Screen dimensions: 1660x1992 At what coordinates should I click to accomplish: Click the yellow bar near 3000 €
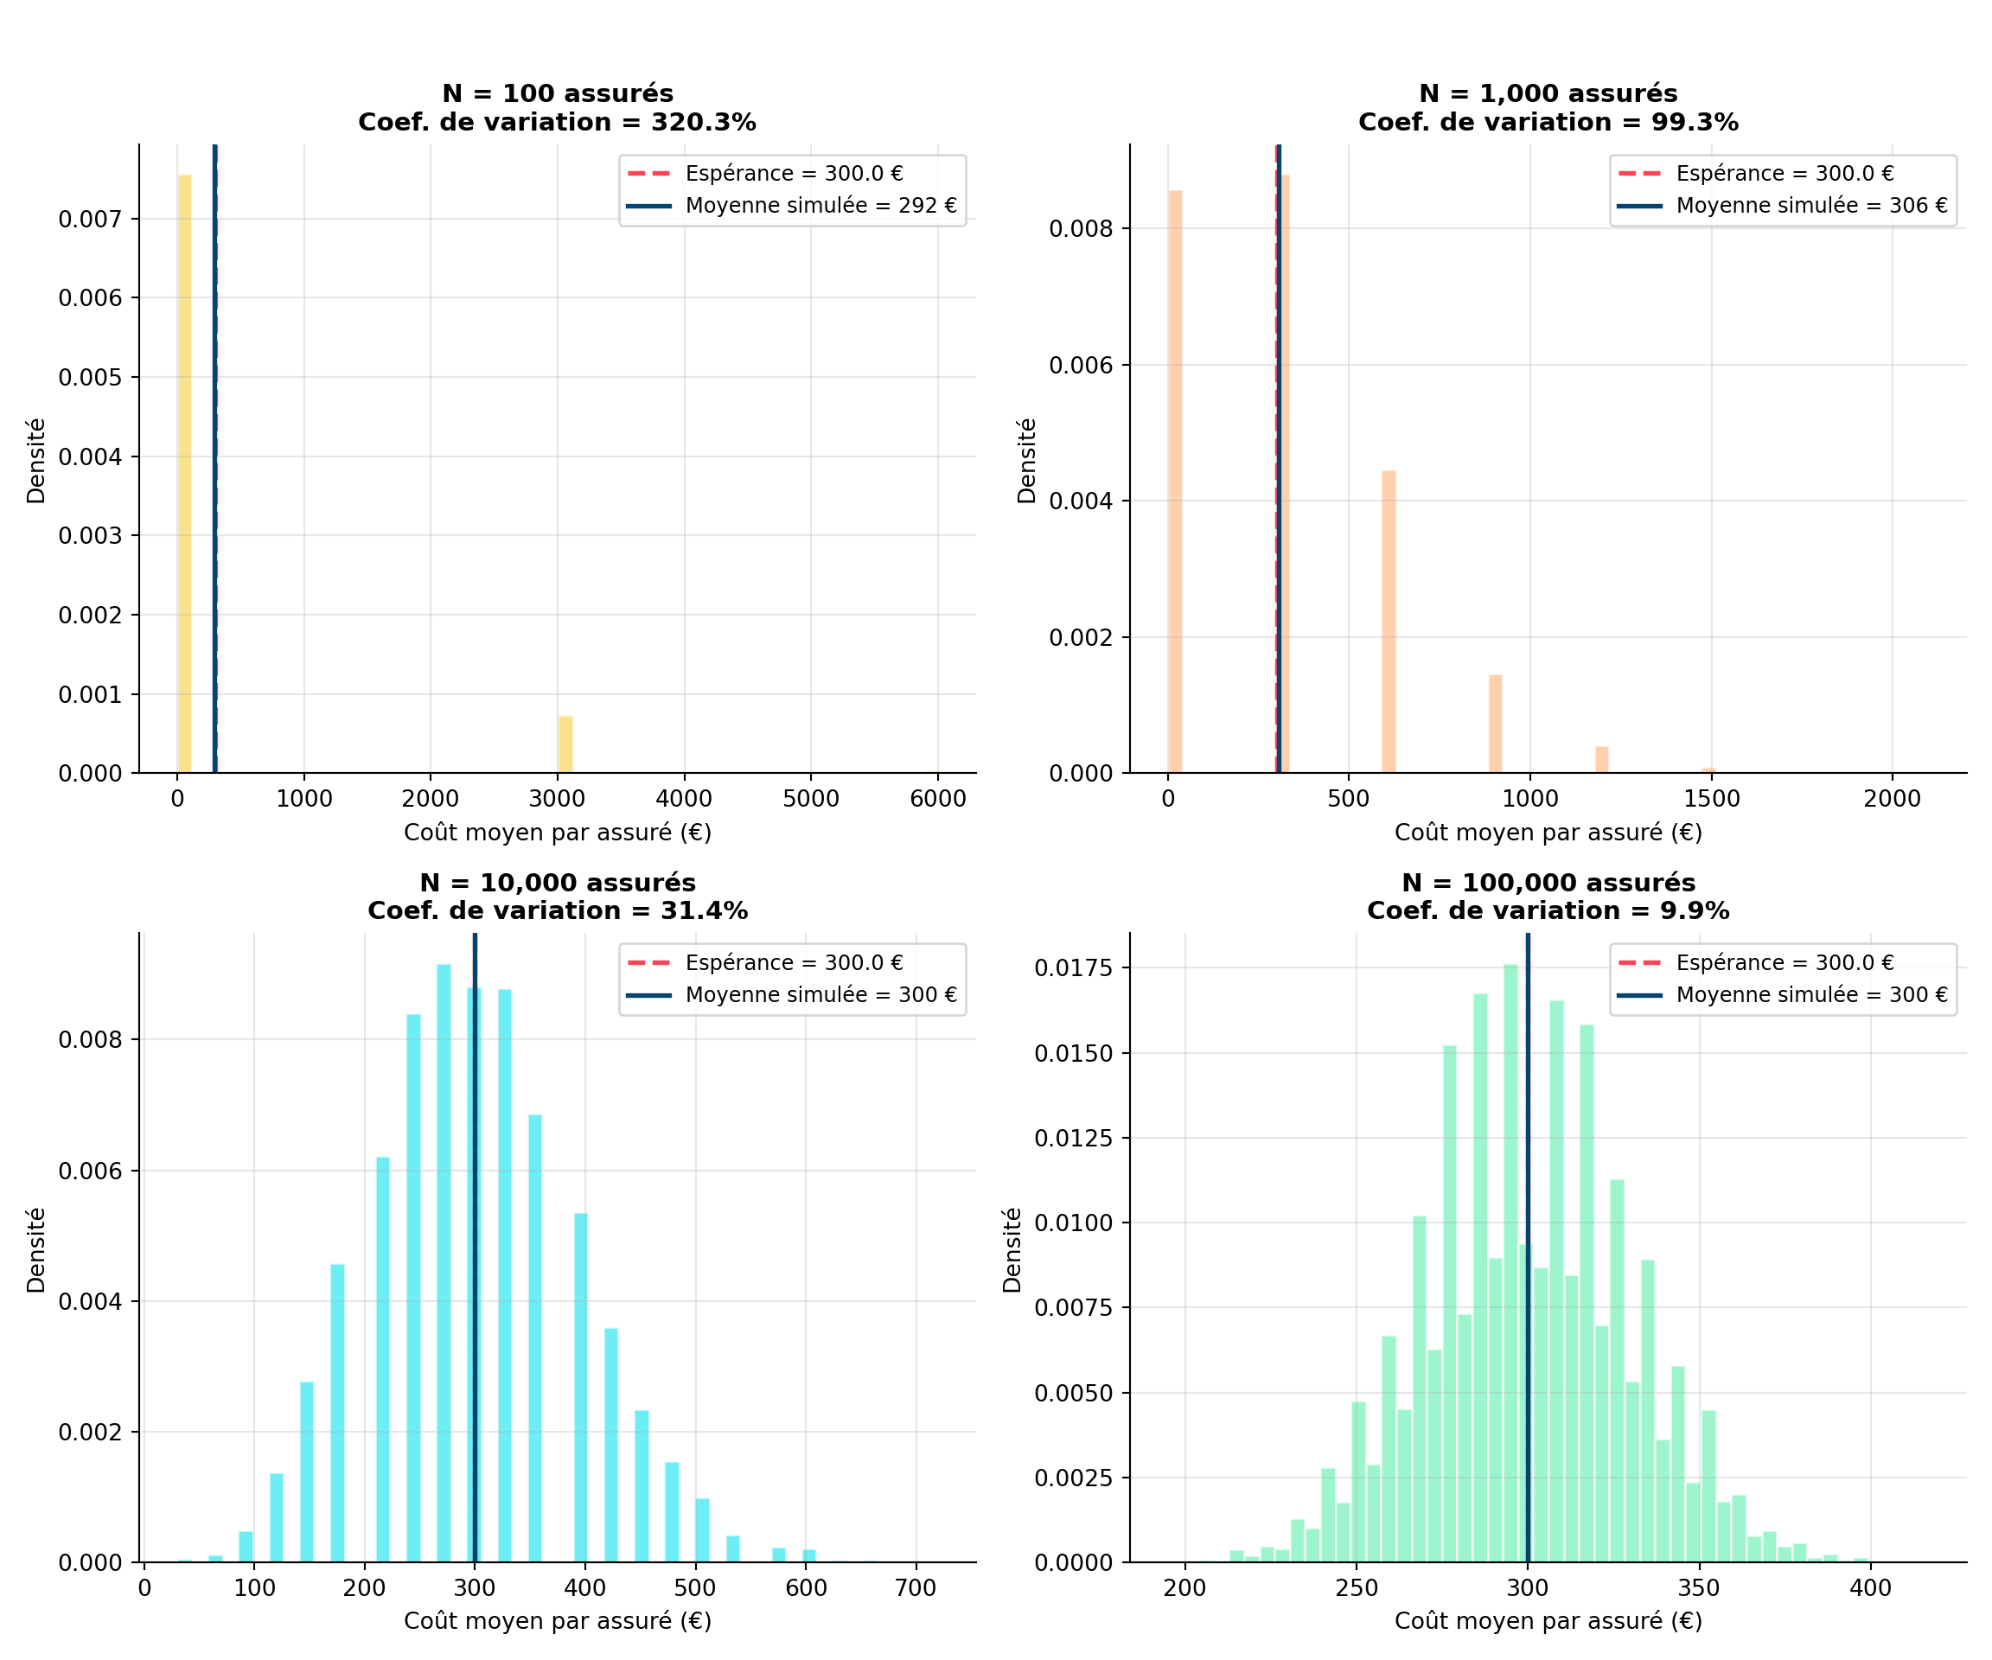tap(565, 745)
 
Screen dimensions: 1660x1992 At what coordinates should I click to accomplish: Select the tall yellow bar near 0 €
tap(184, 475)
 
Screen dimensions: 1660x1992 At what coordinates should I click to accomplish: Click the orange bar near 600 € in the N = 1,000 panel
tap(1389, 622)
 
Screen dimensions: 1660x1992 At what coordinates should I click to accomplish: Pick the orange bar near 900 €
tap(1496, 725)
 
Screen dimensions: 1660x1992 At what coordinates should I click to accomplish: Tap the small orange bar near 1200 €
tap(1602, 761)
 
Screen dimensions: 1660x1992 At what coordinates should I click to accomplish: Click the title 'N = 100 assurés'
tap(558, 94)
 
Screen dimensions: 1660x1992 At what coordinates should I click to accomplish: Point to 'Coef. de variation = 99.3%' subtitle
tap(1548, 123)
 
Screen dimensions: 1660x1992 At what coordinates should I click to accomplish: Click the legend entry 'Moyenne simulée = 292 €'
tap(820, 206)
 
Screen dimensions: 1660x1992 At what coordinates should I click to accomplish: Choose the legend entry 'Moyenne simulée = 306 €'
tap(1810, 206)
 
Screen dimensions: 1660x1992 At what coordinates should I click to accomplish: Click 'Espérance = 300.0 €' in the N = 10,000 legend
tap(794, 963)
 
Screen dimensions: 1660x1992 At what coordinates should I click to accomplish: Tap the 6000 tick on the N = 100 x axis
tap(938, 799)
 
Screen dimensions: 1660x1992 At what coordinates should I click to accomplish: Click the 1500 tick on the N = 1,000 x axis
tap(1712, 799)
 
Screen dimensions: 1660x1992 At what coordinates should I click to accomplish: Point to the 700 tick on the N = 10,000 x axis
tap(916, 1588)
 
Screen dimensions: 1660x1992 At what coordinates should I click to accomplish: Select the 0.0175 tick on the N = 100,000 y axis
tap(1074, 968)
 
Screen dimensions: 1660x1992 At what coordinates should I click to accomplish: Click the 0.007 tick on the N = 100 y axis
tap(90, 219)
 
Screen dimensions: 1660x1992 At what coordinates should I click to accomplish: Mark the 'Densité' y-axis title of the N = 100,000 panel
tap(1012, 1250)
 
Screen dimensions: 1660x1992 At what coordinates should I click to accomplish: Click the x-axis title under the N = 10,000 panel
tap(558, 1621)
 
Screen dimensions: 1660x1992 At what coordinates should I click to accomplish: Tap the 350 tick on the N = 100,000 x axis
tap(1699, 1588)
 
